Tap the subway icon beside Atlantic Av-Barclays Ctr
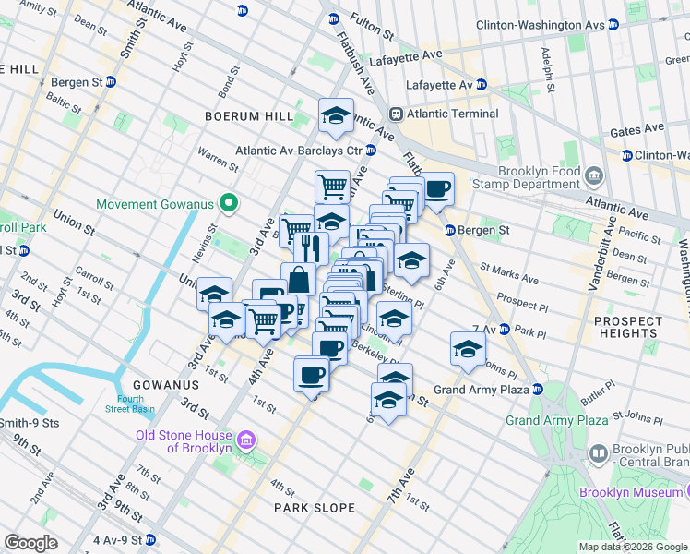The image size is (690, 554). (371, 151)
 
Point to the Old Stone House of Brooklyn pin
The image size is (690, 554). (245, 440)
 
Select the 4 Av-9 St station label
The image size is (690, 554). (115, 539)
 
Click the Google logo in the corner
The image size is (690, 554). (30, 543)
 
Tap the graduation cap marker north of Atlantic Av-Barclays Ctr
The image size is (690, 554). (336, 116)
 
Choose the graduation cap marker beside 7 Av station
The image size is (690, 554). (468, 350)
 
